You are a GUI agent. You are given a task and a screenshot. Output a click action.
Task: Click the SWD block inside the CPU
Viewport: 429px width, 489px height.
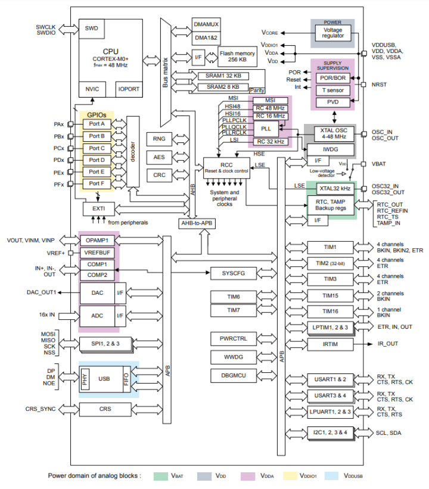[92, 28]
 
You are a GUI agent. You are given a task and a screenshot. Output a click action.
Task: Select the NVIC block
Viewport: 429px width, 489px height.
[92, 89]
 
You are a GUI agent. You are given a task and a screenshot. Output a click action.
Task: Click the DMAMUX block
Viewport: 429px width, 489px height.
[207, 24]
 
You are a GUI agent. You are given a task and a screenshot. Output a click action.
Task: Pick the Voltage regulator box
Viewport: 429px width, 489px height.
[333, 32]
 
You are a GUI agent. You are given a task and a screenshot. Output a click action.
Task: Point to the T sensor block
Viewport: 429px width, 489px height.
[333, 89]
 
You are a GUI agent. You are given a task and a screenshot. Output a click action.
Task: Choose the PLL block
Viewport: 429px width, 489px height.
[266, 129]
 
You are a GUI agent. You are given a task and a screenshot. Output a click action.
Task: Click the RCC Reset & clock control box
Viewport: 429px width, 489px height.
[225, 167]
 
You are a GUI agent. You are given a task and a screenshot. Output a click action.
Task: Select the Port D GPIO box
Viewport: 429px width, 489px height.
[97, 160]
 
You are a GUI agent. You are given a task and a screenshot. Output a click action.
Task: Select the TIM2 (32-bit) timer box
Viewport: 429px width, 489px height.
[330, 263]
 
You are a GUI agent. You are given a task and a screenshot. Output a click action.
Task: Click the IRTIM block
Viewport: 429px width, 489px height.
[330, 344]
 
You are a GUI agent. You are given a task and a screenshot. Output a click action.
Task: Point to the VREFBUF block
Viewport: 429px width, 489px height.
[97, 252]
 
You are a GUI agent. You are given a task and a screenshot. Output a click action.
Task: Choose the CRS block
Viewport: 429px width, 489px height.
[105, 410]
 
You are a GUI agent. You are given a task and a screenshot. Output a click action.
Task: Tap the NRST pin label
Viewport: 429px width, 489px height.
[380, 85]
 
